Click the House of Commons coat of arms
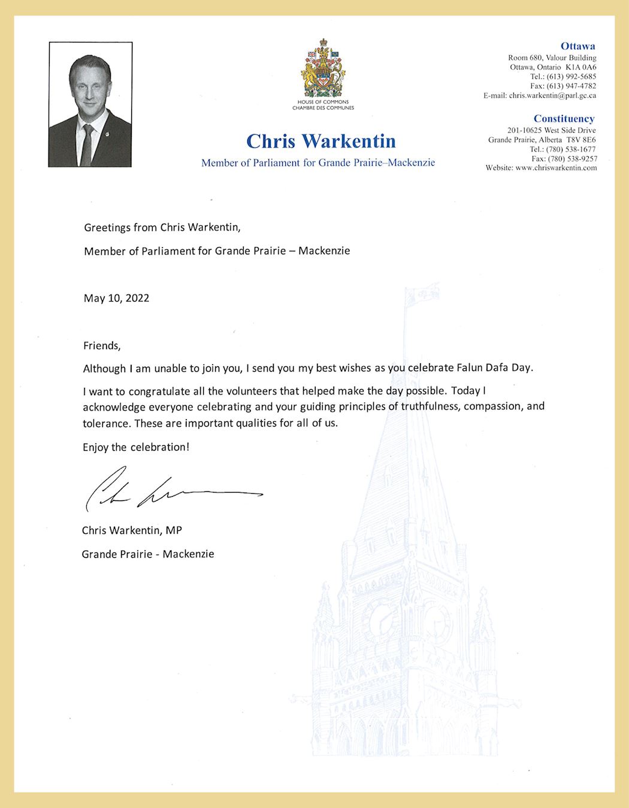tap(323, 69)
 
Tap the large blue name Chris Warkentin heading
tap(321, 141)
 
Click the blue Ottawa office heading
tap(577, 46)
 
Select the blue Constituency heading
tap(564, 119)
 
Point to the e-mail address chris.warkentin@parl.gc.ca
tap(552, 95)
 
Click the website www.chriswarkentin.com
tap(556, 168)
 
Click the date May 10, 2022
tap(116, 298)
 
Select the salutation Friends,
tap(102, 345)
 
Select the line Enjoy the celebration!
tap(136, 447)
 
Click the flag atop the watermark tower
tap(422, 295)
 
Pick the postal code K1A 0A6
tap(580, 67)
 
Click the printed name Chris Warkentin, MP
tap(132, 530)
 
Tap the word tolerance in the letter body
tap(105, 423)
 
